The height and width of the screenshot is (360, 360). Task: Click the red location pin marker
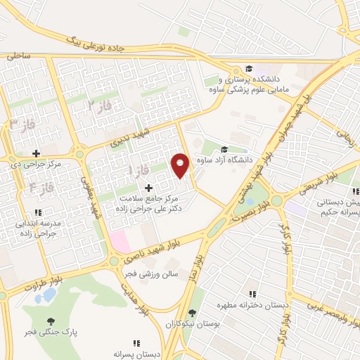coord(181,165)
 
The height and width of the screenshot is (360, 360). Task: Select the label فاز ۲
coord(100,105)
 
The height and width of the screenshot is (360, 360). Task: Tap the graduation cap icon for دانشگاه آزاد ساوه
coord(224,149)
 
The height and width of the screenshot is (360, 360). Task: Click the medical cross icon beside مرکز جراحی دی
coord(36,153)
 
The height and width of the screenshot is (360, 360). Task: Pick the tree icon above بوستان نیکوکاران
coord(191,314)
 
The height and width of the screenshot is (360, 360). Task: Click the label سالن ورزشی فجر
coord(155,275)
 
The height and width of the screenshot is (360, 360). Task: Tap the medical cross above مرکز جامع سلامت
coord(148,188)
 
